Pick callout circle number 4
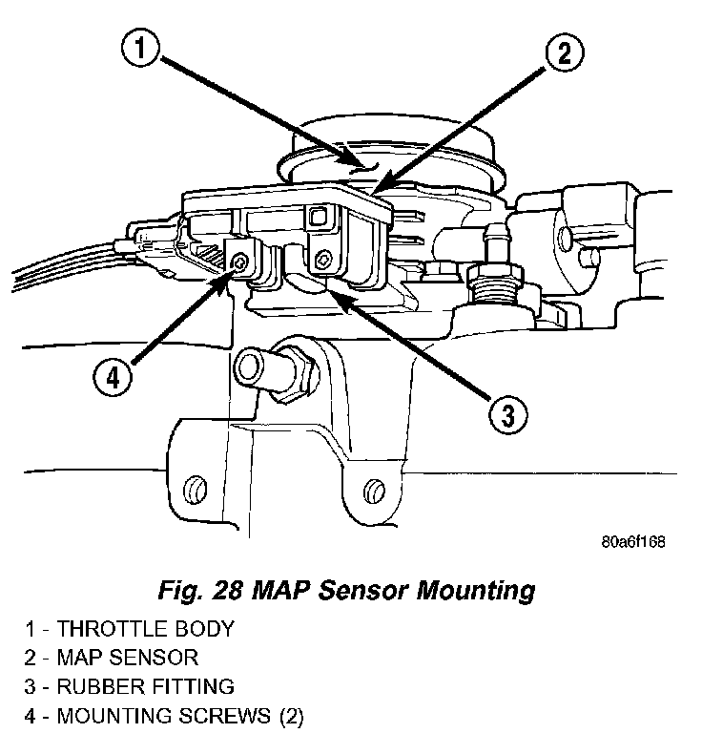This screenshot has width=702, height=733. pos(113,376)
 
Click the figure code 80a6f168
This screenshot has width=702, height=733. pos(632,541)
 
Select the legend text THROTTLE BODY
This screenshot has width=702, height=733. pos(145,629)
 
